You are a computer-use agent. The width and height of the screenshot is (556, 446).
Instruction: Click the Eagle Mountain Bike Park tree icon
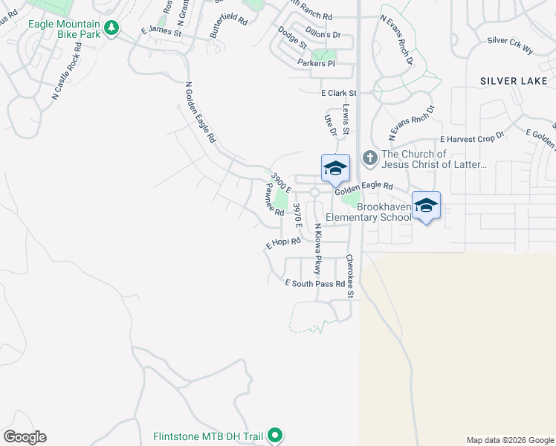pos(111,28)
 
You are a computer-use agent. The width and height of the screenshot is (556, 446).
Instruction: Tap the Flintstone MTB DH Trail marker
pos(275,435)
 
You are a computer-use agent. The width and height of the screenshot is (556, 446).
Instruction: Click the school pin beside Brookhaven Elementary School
pos(426,206)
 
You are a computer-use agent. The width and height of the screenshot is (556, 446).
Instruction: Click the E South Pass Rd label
pos(316,284)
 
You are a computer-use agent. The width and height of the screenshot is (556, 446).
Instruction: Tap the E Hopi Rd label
pos(283,242)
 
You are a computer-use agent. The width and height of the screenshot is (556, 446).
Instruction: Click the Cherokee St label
pos(349,277)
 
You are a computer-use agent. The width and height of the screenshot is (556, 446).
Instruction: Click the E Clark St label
pos(339,93)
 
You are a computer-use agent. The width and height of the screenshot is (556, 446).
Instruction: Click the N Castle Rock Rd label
pos(66,71)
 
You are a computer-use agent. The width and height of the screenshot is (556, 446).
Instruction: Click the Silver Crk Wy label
pos(511,45)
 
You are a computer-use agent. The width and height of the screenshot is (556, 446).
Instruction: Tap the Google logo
pos(25,437)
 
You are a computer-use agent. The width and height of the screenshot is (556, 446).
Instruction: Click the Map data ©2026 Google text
pos(510,440)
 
